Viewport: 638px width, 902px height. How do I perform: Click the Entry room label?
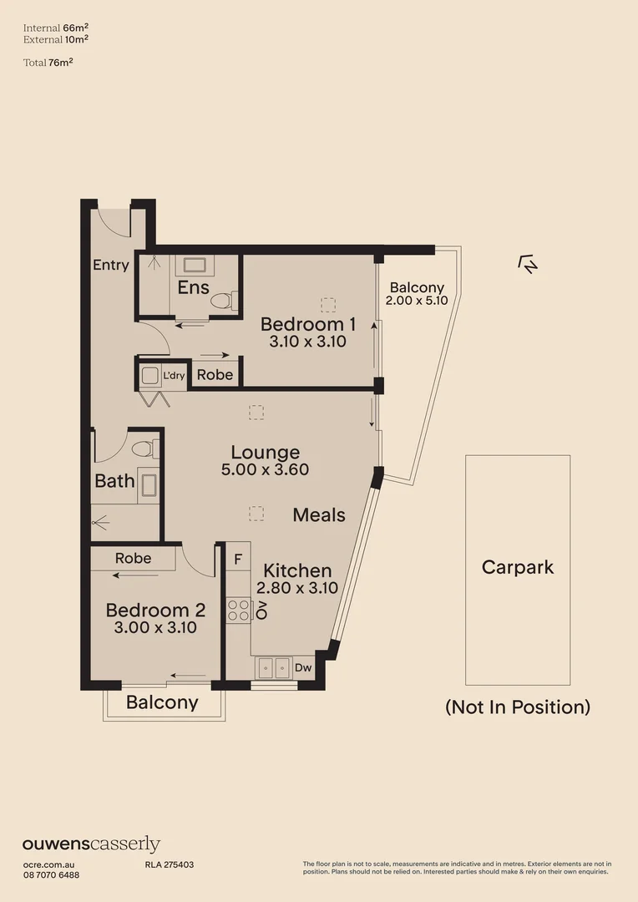110,265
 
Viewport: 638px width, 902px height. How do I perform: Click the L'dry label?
174,376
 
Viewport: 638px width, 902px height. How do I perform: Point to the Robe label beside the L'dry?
215,375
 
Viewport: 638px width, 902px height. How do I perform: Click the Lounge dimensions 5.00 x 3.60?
266,469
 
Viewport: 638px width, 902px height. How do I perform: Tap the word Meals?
318,515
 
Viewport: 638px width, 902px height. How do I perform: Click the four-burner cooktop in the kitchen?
238,610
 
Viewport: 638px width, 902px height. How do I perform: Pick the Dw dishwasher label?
302,668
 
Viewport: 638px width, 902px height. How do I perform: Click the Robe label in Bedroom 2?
133,558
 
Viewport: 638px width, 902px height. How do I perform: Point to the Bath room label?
114,481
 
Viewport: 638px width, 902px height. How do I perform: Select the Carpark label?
517,568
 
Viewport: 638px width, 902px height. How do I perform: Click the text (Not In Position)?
517,707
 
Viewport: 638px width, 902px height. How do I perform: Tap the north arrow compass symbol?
528,265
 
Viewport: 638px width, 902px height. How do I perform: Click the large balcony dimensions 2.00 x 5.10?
418,301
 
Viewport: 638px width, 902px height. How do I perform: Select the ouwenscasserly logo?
91,844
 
